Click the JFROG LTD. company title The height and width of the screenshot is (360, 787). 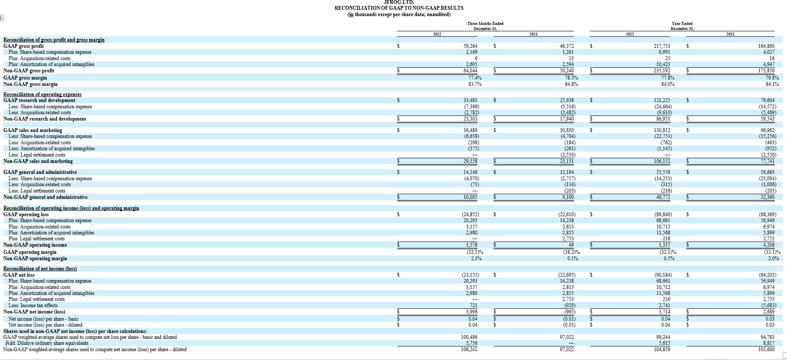[399, 2]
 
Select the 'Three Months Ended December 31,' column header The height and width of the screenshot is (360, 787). [485, 26]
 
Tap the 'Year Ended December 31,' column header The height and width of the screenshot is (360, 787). [682, 26]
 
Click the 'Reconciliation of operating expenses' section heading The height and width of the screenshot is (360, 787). [42, 94]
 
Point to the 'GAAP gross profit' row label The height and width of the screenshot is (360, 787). [23, 46]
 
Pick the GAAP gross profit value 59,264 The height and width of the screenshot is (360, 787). [471, 46]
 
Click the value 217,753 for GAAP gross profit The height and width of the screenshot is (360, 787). [662, 46]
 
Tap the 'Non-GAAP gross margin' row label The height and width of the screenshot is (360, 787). [30, 84]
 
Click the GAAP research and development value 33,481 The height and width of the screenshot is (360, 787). [471, 100]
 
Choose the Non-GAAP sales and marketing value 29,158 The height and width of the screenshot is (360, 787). [471, 161]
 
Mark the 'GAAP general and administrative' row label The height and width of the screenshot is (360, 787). [40, 172]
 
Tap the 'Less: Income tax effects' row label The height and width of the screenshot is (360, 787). [33, 305]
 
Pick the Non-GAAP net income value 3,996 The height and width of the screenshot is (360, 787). [472, 312]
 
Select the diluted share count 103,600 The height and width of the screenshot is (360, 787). [766, 349]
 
